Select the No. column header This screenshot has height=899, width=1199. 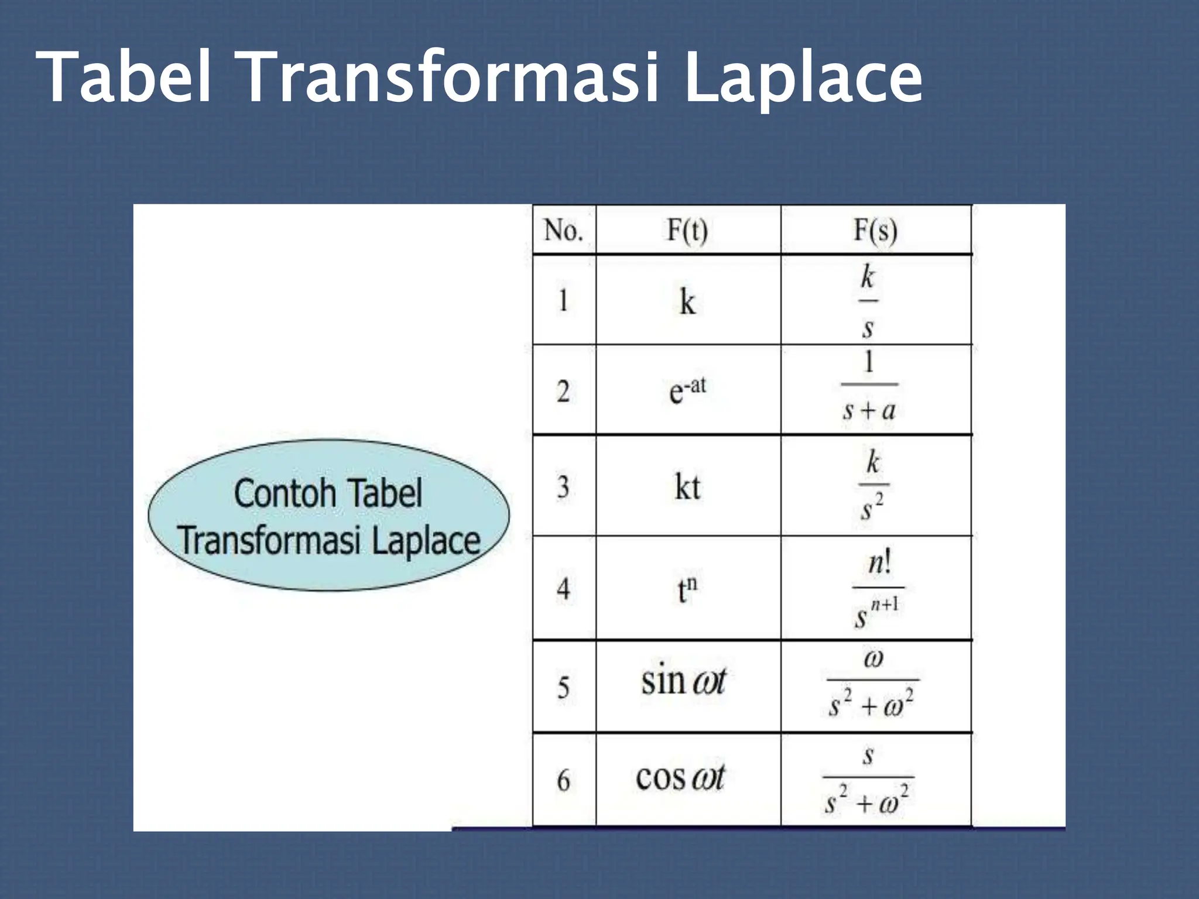pyautogui.click(x=563, y=231)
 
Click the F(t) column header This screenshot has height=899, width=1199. pyautogui.click(x=687, y=231)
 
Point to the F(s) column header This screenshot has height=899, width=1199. pyautogui.click(x=875, y=231)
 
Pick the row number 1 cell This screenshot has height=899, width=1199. pyautogui.click(x=563, y=301)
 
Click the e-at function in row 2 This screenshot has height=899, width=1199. pyautogui.click(x=687, y=390)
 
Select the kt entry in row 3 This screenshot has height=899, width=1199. pyautogui.click(x=687, y=487)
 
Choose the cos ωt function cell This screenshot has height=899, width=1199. pyautogui.click(x=680, y=778)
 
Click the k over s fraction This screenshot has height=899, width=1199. pyautogui.click(x=868, y=301)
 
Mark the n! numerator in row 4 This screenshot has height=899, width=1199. pyautogui.click(x=879, y=564)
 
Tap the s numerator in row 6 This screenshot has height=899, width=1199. pyautogui.click(x=868, y=756)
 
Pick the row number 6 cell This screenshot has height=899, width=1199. pyautogui.click(x=563, y=780)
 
